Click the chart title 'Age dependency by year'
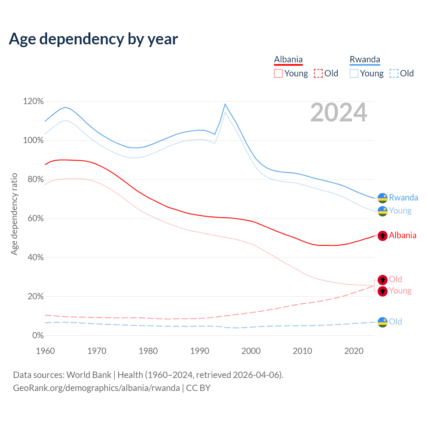point(93,39)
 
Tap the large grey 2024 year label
point(339,113)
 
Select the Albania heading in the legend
point(288,60)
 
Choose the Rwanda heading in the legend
point(365,60)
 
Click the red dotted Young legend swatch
point(278,73)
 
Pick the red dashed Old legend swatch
point(318,73)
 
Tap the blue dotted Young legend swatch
point(354,73)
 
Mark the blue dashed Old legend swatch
point(394,73)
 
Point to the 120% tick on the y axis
point(33,101)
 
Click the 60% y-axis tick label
point(33,219)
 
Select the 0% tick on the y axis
point(38,336)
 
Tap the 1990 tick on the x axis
point(199,351)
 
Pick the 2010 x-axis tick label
point(302,351)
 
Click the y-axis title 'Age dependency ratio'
point(14,214)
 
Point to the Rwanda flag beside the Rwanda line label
point(382,198)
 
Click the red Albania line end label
point(402,236)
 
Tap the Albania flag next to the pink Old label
point(382,280)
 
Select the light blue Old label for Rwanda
point(395,322)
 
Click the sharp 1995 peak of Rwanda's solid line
point(225,104)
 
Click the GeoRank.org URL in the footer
point(96,388)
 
